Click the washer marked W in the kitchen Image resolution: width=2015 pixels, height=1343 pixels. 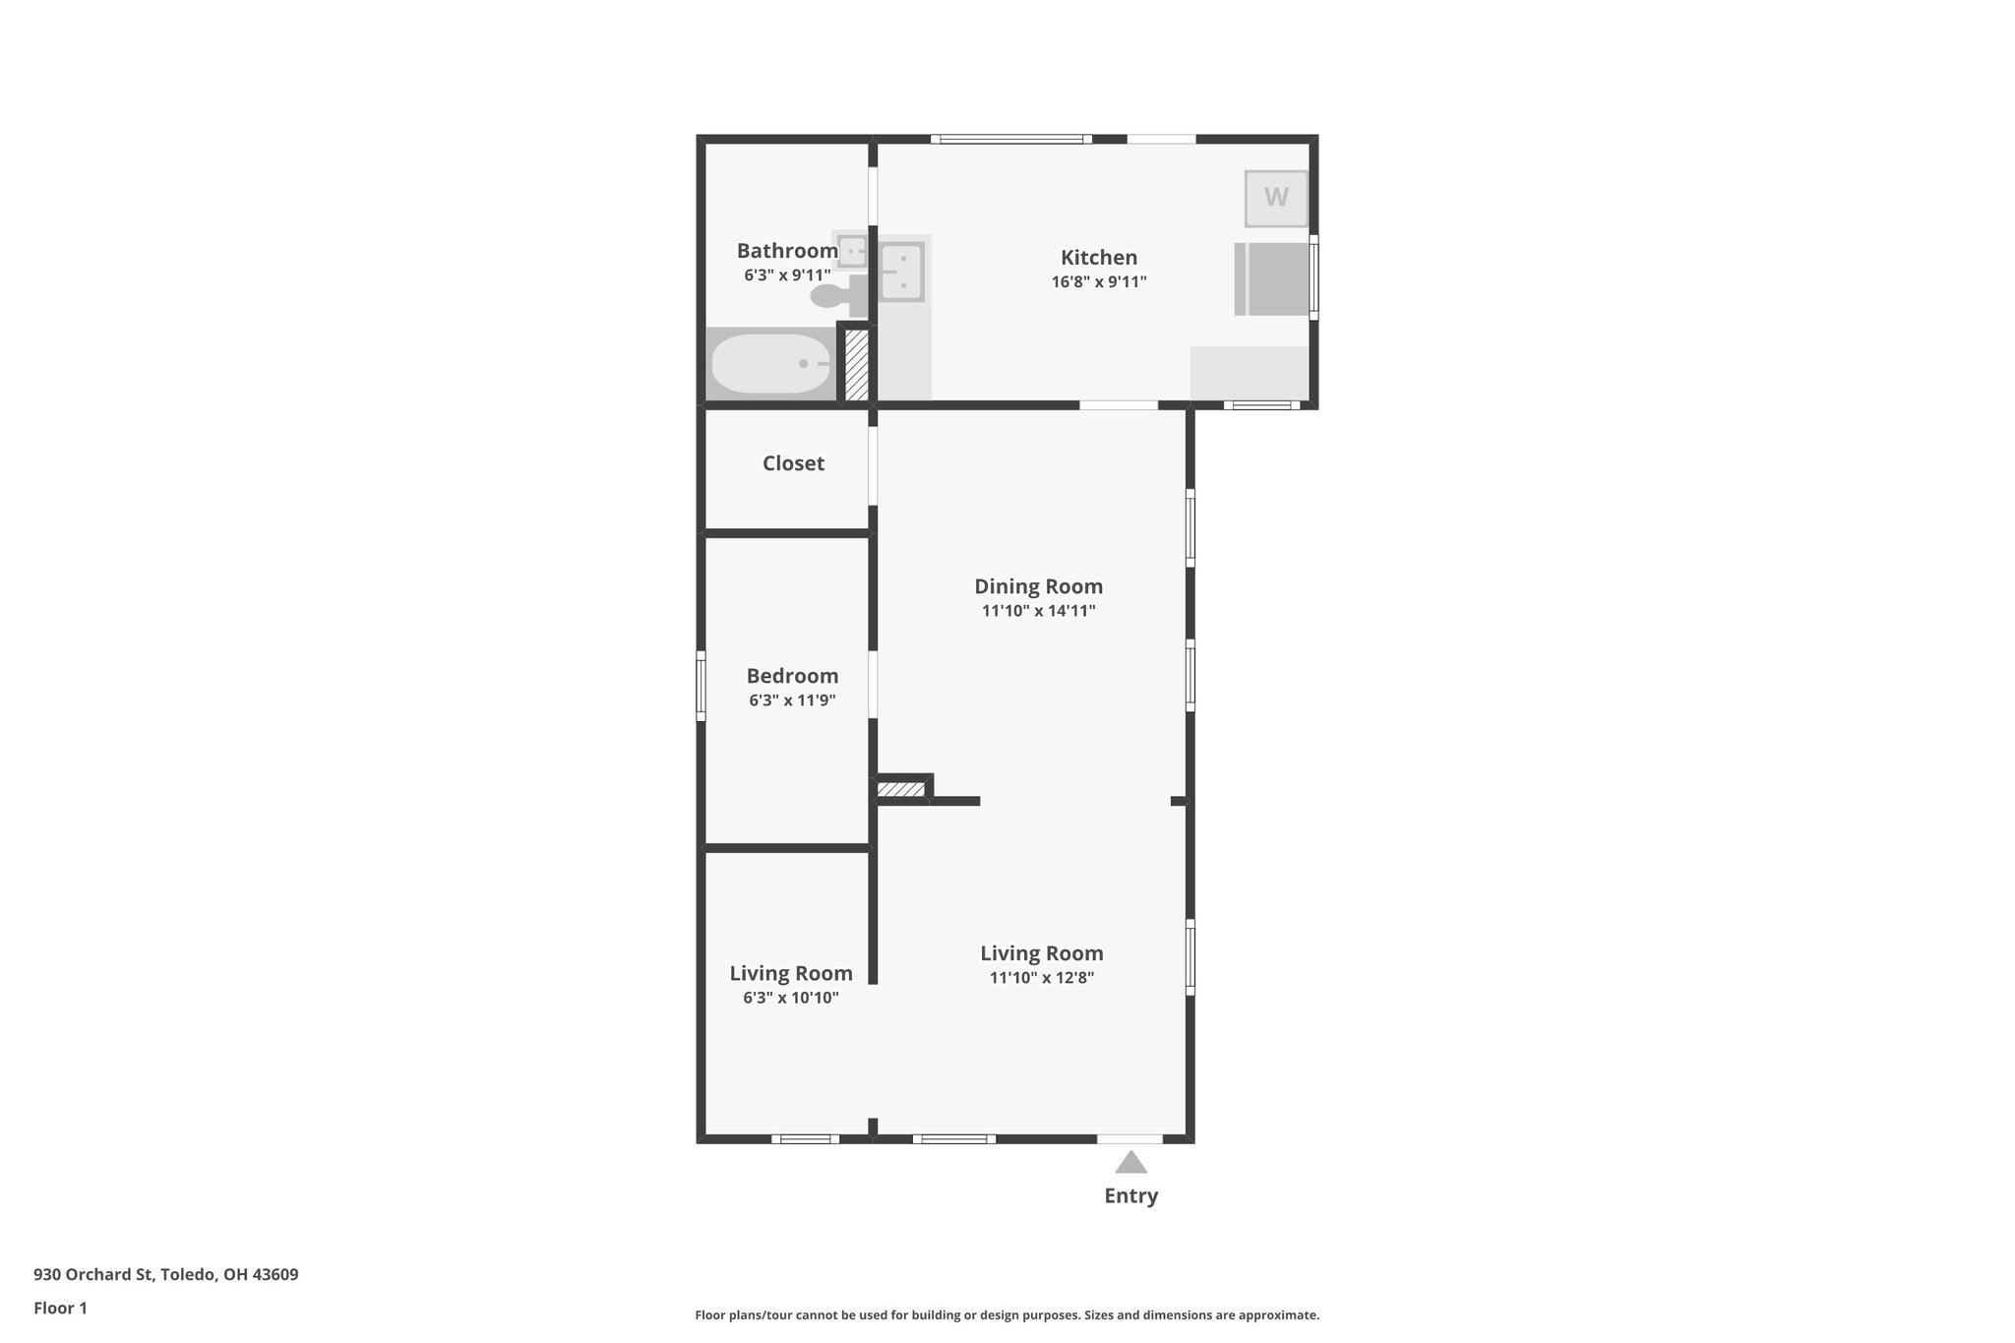point(1276,198)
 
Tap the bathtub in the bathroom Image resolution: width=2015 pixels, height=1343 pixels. point(771,364)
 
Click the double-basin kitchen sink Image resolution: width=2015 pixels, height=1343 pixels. point(901,272)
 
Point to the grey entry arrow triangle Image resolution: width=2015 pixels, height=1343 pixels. point(1130,1163)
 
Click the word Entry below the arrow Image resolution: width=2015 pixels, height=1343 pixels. point(1130,1195)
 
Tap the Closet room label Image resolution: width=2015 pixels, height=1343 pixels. point(793,463)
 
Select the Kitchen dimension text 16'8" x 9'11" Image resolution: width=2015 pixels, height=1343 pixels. point(1099,282)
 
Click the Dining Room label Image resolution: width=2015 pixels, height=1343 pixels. point(1038,586)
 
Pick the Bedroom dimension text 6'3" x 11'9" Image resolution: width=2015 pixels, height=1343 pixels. point(792,701)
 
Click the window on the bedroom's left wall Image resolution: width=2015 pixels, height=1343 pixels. point(702,685)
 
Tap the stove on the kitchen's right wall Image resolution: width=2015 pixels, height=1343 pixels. point(1272,279)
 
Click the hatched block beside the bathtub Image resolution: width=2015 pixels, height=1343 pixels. point(856,365)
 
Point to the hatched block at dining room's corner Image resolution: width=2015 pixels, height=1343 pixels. point(901,789)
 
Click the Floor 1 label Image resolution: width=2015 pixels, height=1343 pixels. point(60,1308)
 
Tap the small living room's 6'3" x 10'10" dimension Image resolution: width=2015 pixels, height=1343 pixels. point(791,998)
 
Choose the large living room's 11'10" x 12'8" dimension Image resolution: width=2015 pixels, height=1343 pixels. point(1042,978)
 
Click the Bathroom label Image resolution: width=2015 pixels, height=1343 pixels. point(787,251)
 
